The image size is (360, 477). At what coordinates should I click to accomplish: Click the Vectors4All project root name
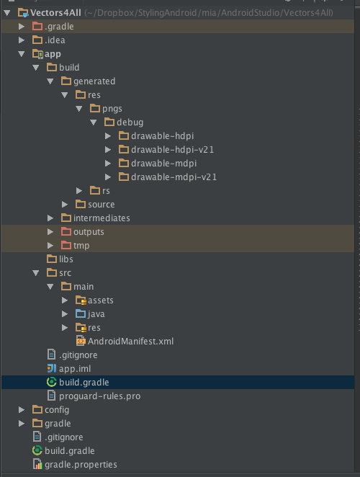[55, 13]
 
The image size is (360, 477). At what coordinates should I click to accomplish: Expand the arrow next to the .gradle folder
[22, 27]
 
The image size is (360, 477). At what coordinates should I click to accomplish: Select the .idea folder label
[55, 40]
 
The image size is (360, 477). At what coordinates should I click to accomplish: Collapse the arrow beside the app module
[22, 54]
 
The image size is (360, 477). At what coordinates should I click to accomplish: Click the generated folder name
[94, 81]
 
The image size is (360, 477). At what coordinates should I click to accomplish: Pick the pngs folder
[112, 109]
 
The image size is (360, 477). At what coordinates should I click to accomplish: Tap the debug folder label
[130, 122]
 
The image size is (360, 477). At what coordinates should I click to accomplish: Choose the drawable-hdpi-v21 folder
[172, 150]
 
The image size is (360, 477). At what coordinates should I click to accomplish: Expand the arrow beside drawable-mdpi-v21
[108, 177]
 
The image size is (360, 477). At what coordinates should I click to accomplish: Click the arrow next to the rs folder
[79, 191]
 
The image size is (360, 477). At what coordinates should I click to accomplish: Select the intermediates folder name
[102, 218]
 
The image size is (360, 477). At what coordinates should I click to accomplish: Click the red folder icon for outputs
[66, 231]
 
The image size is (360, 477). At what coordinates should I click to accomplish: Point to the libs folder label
[66, 259]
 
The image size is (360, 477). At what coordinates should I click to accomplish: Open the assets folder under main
[101, 300]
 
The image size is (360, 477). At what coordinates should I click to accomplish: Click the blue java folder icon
[81, 313]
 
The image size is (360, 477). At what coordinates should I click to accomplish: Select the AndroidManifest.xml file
[131, 342]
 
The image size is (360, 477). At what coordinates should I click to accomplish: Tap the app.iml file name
[75, 369]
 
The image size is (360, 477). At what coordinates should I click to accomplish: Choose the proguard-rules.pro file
[100, 396]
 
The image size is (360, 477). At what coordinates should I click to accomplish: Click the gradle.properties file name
[81, 465]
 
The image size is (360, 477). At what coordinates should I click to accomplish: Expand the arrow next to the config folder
[22, 410]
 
